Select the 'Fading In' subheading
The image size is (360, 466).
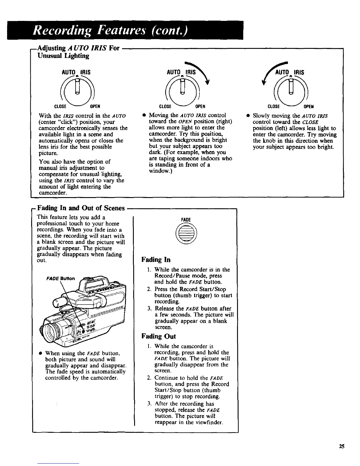[156, 260]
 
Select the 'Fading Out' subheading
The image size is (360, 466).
[159, 336]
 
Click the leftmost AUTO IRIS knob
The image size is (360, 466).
[78, 88]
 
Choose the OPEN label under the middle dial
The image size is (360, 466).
[200, 106]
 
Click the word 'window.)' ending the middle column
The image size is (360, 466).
[159, 171]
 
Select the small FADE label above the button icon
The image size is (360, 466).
[186, 220]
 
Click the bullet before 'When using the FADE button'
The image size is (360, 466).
[39, 353]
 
